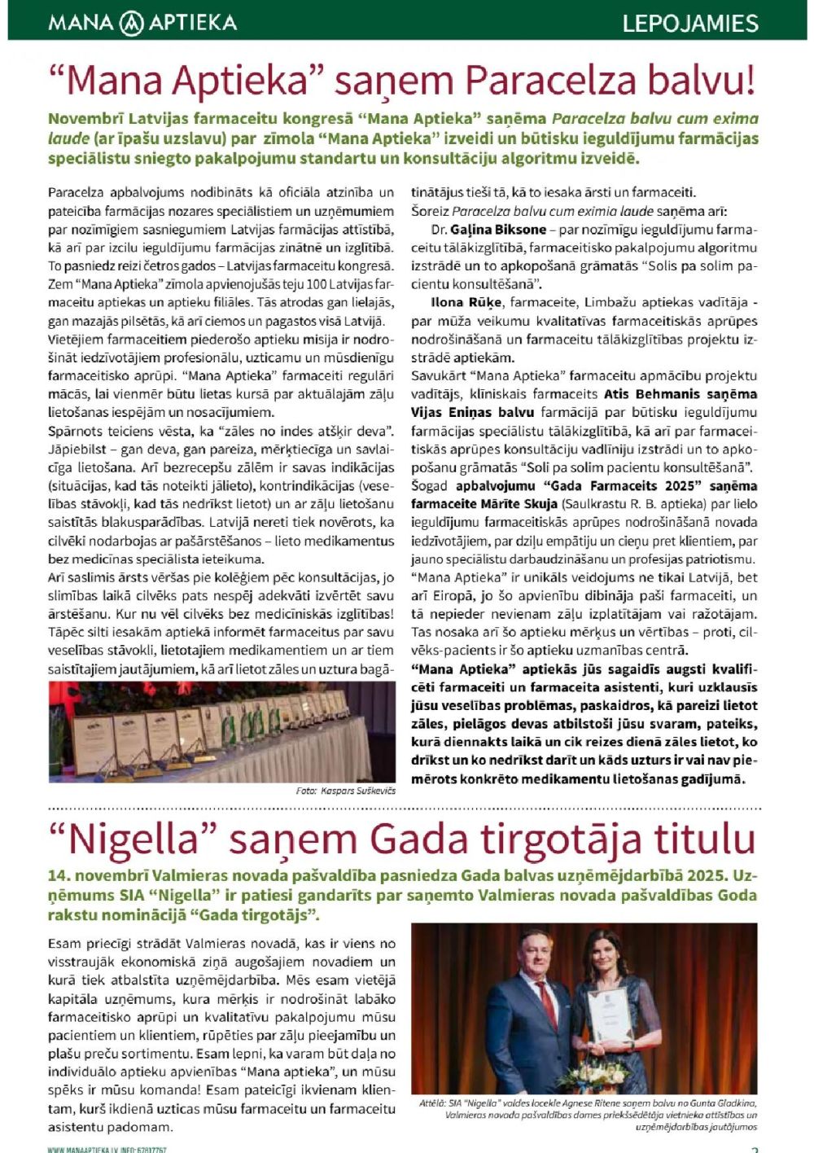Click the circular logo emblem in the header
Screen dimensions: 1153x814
(x=131, y=23)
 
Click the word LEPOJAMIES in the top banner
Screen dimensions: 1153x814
(x=690, y=23)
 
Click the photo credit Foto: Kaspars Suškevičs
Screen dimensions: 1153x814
(x=345, y=791)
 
